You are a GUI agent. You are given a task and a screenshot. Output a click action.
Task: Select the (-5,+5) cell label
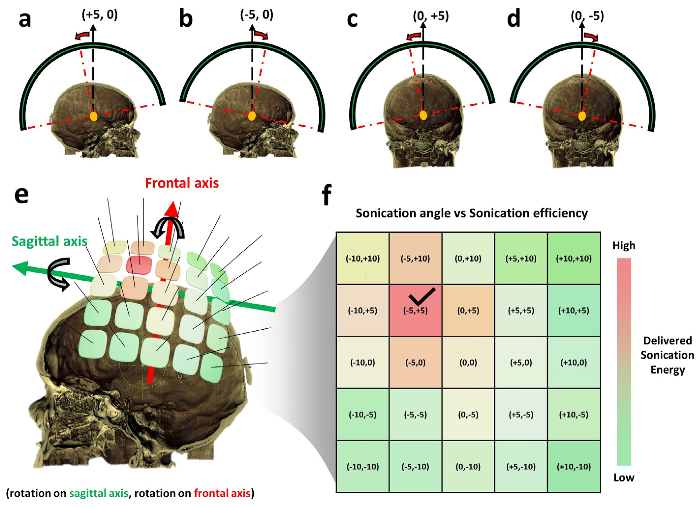(416, 311)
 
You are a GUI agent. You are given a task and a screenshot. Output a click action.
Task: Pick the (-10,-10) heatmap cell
(362, 467)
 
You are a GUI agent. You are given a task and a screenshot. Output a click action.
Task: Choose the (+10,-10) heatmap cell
(574, 467)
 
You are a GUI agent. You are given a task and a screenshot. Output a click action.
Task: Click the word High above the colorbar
(624, 245)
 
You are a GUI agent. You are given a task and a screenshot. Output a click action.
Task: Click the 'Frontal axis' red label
(182, 183)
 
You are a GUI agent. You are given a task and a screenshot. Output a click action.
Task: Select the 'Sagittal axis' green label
(49, 241)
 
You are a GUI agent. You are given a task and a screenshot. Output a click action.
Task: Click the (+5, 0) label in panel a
(100, 15)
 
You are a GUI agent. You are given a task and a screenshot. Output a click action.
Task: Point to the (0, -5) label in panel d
(587, 16)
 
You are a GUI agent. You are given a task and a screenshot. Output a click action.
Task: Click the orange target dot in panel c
(424, 115)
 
